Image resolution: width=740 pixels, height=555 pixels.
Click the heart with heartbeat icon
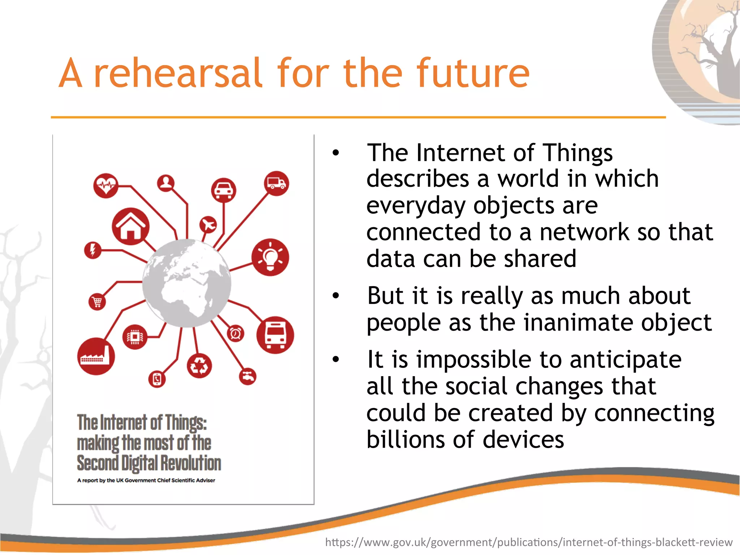[x=106, y=186]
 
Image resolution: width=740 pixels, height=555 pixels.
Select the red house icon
[x=130, y=227]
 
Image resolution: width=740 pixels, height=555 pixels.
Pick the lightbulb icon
[x=270, y=257]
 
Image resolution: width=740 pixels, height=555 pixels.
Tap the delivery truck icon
[x=276, y=183]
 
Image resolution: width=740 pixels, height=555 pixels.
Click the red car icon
[x=224, y=190]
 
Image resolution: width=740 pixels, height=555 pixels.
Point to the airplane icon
[x=208, y=225]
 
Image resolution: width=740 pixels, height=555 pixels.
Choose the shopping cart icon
[x=97, y=301]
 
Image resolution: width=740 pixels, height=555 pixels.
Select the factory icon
[x=96, y=356]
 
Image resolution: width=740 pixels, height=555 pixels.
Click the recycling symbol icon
[x=199, y=366]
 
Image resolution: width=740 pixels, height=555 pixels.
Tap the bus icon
[x=275, y=335]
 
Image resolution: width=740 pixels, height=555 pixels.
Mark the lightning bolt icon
[x=92, y=250]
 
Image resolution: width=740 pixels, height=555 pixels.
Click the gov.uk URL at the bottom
[x=529, y=542]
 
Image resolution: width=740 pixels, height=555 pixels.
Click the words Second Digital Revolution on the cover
[x=149, y=463]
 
